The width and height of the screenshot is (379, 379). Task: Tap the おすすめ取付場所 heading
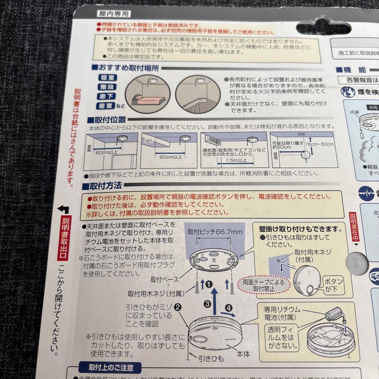(125, 68)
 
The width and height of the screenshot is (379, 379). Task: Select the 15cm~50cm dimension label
(319, 144)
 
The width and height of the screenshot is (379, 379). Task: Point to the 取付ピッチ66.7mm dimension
(215, 232)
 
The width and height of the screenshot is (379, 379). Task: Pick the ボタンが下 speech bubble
(332, 285)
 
